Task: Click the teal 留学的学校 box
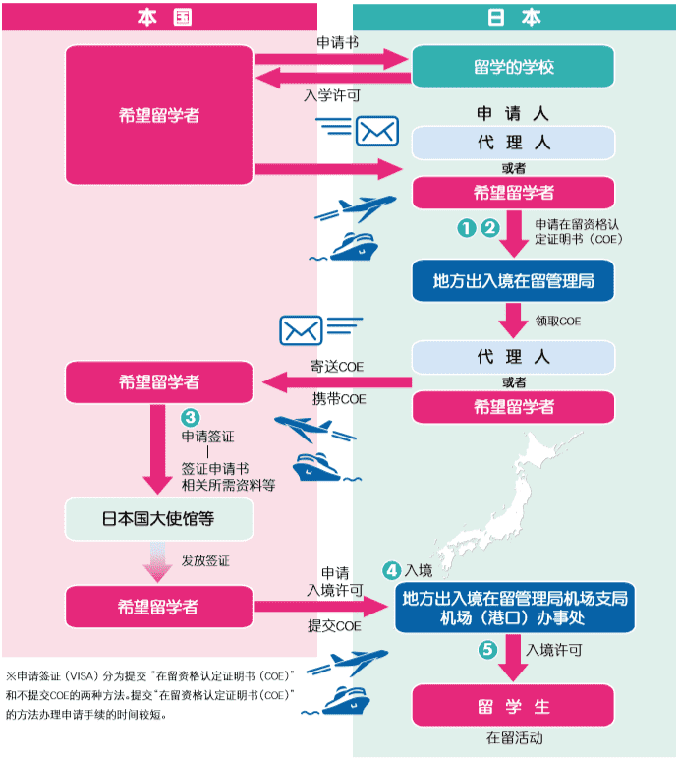tap(513, 68)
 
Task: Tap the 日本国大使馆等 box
tap(158, 518)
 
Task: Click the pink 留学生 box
tap(513, 707)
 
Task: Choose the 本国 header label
tap(159, 16)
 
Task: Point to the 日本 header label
tap(515, 16)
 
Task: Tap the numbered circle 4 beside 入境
tap(391, 570)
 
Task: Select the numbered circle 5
tap(487, 650)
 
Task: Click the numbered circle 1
tap(467, 227)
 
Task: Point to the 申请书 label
tap(331, 43)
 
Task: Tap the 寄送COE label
tap(338, 366)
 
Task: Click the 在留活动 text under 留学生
tap(513, 738)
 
